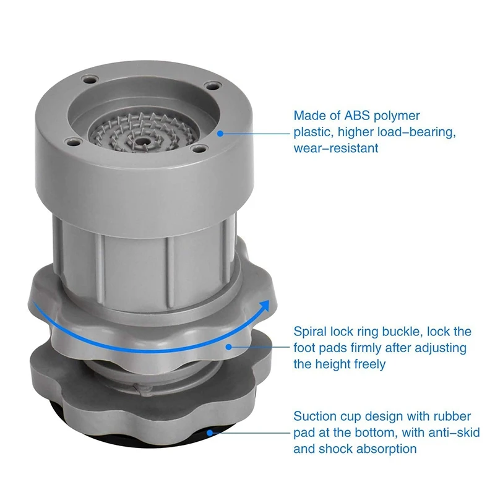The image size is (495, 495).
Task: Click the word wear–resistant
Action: [x=336, y=148]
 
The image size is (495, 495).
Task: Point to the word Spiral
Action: [x=310, y=332]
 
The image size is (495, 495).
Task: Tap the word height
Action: [x=334, y=364]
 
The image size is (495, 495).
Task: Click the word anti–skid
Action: [x=454, y=433]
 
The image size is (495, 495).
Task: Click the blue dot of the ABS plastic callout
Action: [x=220, y=134]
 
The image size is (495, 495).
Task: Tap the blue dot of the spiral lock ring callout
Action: [x=229, y=347]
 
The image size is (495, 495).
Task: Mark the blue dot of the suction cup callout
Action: [x=210, y=433]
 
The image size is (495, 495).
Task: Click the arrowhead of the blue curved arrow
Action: [x=265, y=306]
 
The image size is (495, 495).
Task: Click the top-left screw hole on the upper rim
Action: [x=88, y=80]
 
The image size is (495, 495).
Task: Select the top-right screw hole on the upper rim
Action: [x=212, y=86]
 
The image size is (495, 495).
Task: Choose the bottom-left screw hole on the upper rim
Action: [x=72, y=142]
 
